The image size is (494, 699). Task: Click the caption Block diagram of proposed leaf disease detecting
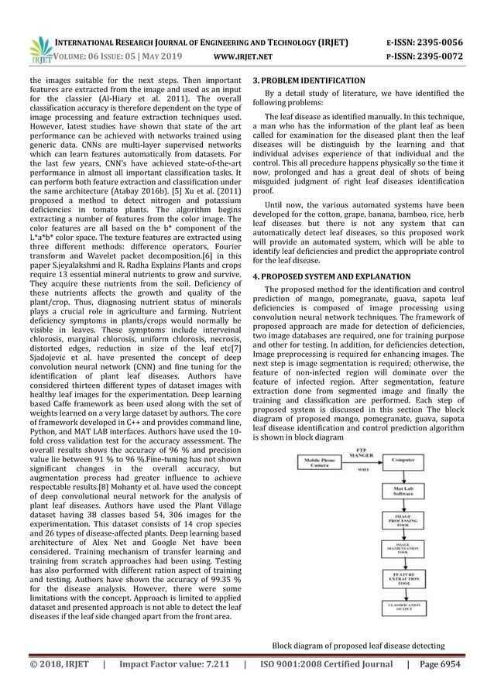click(358, 646)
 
